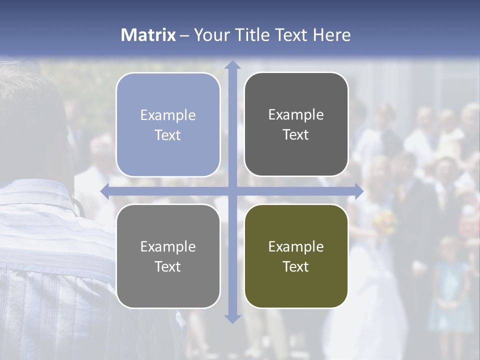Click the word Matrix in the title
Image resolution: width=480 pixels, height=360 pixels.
point(148,35)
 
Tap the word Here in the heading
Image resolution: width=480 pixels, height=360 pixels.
point(331,35)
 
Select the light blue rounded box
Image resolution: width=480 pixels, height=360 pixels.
point(168,124)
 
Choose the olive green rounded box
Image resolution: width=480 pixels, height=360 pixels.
point(296,256)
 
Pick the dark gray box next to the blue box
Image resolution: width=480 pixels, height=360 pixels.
point(296,124)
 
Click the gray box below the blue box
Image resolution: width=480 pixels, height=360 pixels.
point(168,256)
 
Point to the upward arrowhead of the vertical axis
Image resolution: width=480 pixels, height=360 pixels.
point(232,65)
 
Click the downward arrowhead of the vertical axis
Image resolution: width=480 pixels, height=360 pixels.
point(232,318)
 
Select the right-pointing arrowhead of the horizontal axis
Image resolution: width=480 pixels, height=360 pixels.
point(358,191)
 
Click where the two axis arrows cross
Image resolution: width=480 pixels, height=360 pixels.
point(232,191)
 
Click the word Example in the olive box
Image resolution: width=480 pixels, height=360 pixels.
point(296,246)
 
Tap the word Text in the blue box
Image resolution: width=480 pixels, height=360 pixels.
point(168,135)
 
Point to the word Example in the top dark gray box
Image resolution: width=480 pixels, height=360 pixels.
point(296,114)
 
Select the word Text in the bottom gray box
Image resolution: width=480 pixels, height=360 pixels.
point(168,266)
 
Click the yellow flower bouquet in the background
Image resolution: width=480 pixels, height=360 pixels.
point(385,219)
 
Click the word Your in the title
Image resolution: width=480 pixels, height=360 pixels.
point(211,35)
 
